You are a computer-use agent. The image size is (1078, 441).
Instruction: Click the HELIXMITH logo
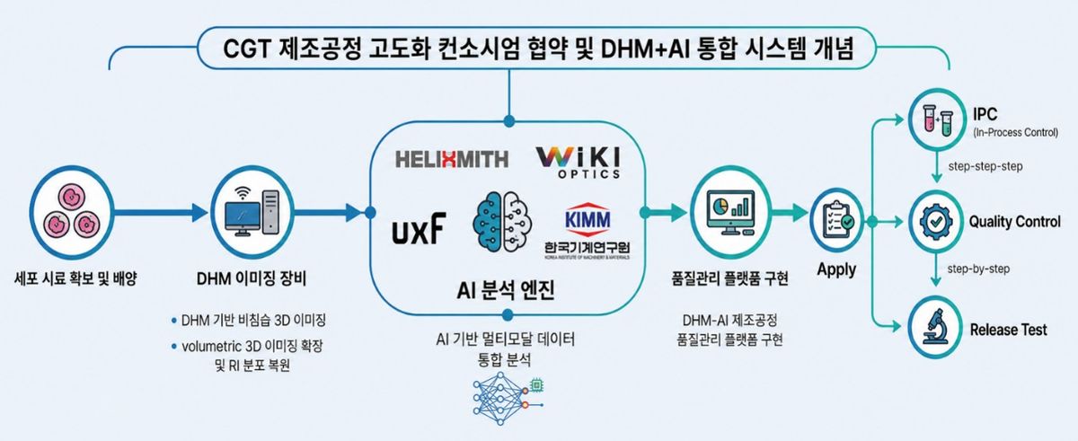point(451,159)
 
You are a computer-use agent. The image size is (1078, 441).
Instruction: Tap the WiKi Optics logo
point(578,163)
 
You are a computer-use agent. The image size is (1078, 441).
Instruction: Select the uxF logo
point(419,228)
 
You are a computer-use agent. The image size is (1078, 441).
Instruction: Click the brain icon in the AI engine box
point(502,221)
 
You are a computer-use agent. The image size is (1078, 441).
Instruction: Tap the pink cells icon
point(72,212)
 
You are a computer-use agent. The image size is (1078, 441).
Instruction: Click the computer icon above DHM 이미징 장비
point(252,212)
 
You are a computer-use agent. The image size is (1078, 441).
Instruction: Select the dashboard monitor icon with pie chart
point(730,212)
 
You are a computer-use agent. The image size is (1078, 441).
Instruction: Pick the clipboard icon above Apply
point(836,220)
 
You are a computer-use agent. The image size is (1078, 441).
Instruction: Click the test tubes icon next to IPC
point(936,120)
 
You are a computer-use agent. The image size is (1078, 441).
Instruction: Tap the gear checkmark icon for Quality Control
point(936,222)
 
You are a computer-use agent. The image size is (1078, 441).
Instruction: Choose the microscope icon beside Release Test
point(935,327)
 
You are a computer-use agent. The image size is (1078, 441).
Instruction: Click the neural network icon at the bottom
point(508,401)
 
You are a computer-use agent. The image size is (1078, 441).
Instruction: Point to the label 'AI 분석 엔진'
point(506,290)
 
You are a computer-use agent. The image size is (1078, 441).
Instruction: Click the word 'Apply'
point(836,269)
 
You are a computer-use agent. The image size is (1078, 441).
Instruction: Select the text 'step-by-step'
point(978,269)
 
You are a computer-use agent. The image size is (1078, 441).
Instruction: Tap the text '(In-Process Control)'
point(1015,132)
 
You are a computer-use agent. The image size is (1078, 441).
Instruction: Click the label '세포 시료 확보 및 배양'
point(75,278)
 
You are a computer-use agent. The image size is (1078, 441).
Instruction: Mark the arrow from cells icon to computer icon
point(161,212)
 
